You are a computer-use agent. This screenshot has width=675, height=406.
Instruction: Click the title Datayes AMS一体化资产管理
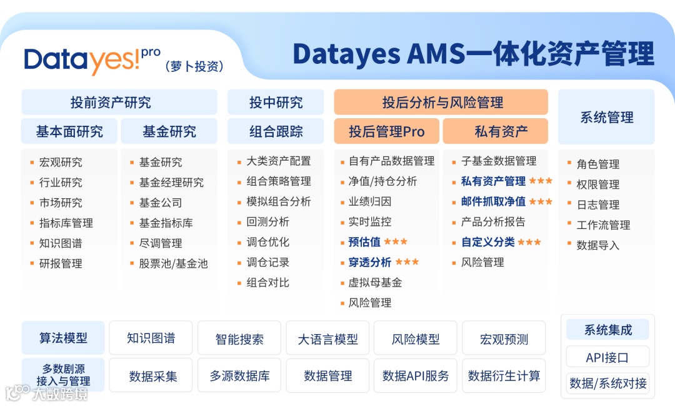(x=473, y=54)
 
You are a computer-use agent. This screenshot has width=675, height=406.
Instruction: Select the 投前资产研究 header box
(x=119, y=102)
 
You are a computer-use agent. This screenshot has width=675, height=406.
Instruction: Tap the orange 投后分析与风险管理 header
(x=441, y=102)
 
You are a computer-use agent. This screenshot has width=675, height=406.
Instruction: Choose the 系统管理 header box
(x=606, y=117)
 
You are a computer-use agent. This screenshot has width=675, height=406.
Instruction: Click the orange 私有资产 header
(x=496, y=131)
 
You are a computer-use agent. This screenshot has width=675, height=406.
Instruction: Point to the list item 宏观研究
(x=61, y=162)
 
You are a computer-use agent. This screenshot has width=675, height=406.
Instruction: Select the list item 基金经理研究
(x=171, y=183)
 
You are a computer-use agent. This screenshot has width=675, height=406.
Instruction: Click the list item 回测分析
(x=267, y=221)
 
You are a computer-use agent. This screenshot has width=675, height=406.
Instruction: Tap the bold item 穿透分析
(x=370, y=262)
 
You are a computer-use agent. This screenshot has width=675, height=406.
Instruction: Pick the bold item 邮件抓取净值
(x=493, y=201)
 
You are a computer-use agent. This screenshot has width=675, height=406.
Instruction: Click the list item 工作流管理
(x=603, y=225)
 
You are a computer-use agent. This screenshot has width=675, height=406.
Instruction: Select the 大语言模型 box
(x=328, y=339)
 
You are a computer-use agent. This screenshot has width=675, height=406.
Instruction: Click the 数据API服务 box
(x=416, y=376)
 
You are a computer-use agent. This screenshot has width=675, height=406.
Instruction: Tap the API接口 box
(x=607, y=358)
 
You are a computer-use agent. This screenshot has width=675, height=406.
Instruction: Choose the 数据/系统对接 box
(x=607, y=383)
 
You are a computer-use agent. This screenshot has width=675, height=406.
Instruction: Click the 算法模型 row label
(x=63, y=338)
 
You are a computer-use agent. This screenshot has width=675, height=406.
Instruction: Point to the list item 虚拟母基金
(x=375, y=282)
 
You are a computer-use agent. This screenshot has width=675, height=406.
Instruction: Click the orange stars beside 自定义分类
(x=529, y=242)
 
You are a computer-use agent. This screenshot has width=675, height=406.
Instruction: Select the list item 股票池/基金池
(x=173, y=263)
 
